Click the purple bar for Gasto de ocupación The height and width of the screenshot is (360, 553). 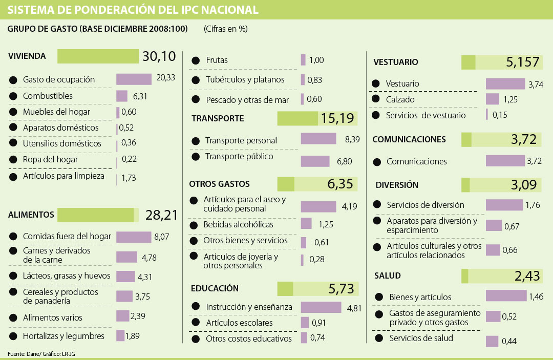134,79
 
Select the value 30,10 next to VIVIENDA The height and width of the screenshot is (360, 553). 159,56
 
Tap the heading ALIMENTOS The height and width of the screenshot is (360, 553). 31,215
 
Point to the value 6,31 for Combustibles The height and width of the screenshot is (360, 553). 140,96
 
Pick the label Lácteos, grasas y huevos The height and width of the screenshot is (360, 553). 67,276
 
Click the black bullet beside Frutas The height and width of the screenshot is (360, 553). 195,60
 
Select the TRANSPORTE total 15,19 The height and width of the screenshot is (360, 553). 337,119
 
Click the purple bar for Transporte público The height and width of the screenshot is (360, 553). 315,161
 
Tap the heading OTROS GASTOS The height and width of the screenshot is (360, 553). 219,184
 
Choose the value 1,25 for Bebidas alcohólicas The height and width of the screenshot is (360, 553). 326,224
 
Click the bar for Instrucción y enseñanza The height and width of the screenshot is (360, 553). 321,307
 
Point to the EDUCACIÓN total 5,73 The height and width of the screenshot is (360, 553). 342,289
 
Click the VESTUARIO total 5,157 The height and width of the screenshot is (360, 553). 523,62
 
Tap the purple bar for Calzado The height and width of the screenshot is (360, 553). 492,99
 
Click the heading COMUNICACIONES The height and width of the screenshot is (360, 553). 409,139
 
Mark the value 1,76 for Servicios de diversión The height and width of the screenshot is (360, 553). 533,205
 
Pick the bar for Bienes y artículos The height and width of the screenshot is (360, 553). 505,296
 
